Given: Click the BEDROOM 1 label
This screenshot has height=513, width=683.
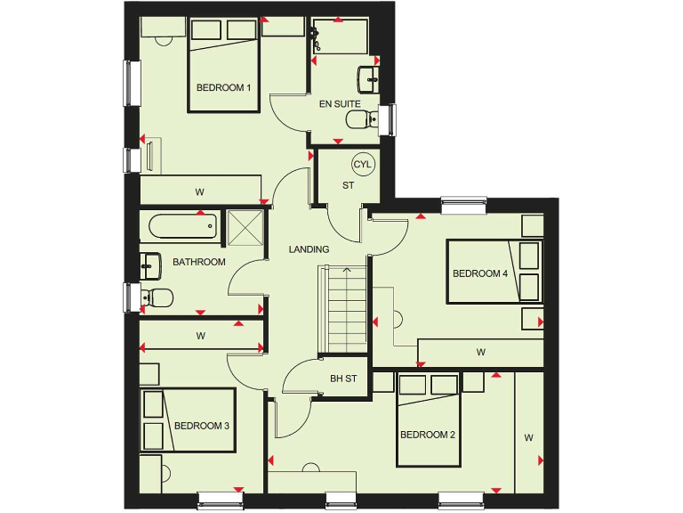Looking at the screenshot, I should coord(223,87).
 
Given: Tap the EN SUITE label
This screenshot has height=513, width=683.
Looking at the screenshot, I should coord(340,104).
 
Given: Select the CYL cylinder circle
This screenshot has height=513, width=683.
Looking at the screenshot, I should coord(363,165).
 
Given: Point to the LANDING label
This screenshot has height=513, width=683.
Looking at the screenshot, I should coord(309,249).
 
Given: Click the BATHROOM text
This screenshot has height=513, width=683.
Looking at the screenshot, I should coord(198,262).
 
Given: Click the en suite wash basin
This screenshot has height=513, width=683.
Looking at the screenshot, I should coord(367,77).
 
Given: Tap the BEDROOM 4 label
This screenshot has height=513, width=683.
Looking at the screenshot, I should coord(479,273).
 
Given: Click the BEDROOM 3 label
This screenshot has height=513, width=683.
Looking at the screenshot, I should coord(202,426).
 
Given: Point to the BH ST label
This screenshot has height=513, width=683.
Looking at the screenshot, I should coord(343,379).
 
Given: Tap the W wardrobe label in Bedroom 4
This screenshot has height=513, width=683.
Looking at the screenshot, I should coord(480,353).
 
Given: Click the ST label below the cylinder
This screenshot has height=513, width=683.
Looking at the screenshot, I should coord(348,185).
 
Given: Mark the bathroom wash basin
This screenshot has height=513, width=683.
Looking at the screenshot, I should coord(150,261).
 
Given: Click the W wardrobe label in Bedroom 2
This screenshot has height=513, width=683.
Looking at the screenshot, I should coord(527,437).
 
